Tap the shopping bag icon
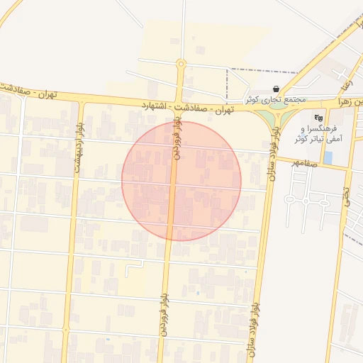(x=275, y=89)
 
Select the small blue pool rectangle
(x=328, y=157)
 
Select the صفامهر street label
(x=304, y=162)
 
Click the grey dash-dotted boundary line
(x=262, y=70)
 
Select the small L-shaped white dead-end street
(x=133, y=267)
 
